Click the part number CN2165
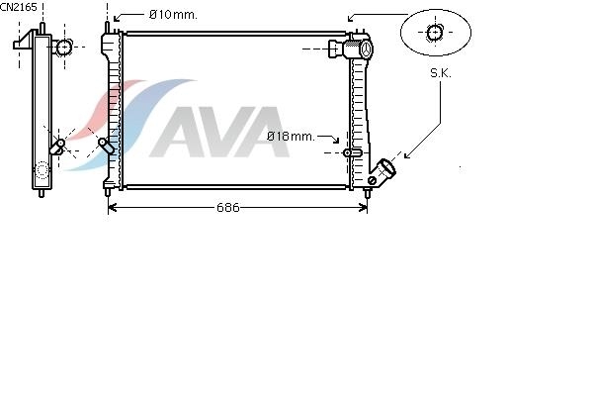[19, 7]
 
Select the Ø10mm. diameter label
[173, 15]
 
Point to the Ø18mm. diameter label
[291, 137]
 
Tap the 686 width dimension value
[228, 207]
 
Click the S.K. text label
[441, 73]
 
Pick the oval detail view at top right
[436, 33]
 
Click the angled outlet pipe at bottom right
[382, 171]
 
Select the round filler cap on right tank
[366, 49]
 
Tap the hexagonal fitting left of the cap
[335, 49]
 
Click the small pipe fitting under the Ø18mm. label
[353, 152]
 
